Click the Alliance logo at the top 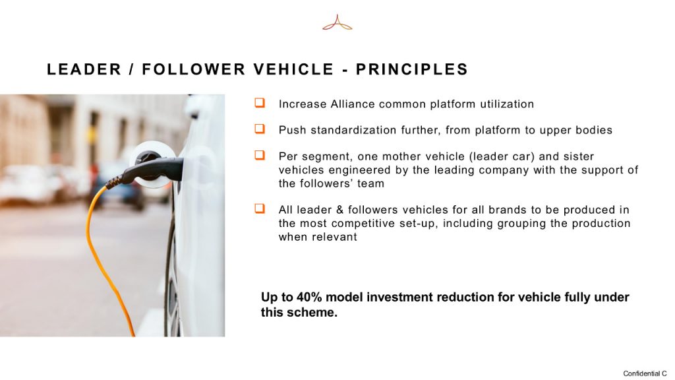coord(337,22)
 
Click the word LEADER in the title coord(84,69)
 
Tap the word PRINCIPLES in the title coord(412,69)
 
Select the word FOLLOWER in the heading coord(194,69)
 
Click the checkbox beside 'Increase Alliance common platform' coord(260,102)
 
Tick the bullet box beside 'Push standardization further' coord(260,129)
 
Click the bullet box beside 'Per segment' coord(260,154)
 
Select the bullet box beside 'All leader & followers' coord(260,208)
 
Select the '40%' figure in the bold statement coord(309,298)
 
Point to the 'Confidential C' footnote coord(645,373)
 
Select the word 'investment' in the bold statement coord(399,298)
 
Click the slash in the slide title coord(132,69)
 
